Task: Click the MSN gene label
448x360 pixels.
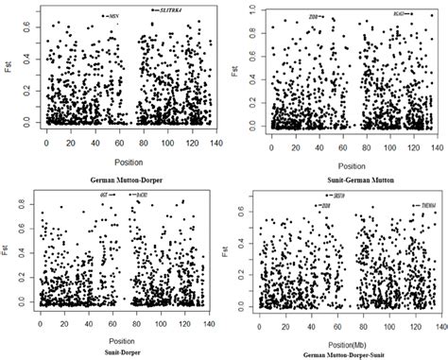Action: [x=114, y=16]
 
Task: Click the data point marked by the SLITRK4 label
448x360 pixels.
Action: [x=153, y=9]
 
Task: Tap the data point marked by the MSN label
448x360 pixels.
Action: [x=104, y=16]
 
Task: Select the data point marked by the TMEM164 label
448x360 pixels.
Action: [x=411, y=205]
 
